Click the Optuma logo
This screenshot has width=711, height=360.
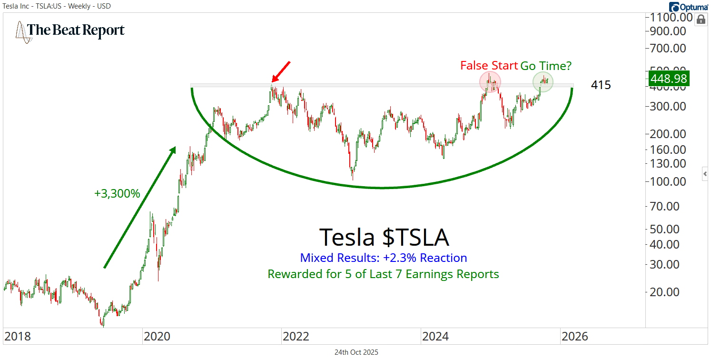click(x=689, y=7)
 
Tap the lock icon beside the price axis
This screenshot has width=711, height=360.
click(x=701, y=20)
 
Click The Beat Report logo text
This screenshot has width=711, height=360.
click(x=76, y=30)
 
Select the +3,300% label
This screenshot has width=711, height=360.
click(x=117, y=194)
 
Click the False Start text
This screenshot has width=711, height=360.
click(x=489, y=66)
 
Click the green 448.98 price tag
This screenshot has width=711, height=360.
click(x=669, y=79)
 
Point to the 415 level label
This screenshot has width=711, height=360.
click(x=601, y=85)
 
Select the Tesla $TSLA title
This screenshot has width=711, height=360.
click(x=383, y=237)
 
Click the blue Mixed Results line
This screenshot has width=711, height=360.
click(x=383, y=258)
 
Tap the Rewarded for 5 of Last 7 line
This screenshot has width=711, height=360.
click(x=383, y=274)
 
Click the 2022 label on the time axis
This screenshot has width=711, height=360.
click(x=296, y=337)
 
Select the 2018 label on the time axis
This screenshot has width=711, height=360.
click(x=17, y=337)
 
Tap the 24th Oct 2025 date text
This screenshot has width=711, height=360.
click(x=356, y=352)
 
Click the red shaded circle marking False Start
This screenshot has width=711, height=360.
click(x=490, y=82)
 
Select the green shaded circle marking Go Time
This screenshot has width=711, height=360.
click(x=543, y=82)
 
